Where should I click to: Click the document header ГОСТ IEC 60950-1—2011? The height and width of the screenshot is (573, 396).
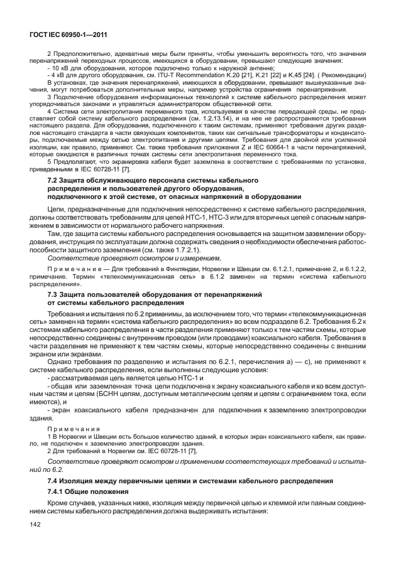pos(67,35)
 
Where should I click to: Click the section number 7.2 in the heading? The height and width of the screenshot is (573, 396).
pos(55,180)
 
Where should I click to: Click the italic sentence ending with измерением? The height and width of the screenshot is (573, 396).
pos(135,258)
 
